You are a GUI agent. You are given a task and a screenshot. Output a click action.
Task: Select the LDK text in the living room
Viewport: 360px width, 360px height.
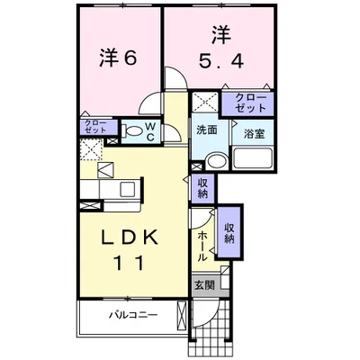click(130, 238)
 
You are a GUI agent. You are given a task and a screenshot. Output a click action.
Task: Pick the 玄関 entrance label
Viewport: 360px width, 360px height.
click(203, 285)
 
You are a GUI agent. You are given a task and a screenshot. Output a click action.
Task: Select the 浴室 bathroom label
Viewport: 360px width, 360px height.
click(253, 132)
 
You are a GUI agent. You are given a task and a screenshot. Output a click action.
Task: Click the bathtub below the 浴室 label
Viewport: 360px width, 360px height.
click(254, 159)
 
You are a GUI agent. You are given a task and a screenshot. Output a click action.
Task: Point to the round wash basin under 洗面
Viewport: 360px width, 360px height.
click(215, 162)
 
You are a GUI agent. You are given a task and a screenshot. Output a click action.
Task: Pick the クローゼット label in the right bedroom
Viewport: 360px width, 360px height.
click(249, 102)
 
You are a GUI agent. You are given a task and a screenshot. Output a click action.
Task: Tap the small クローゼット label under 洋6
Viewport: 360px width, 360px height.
click(94, 126)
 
